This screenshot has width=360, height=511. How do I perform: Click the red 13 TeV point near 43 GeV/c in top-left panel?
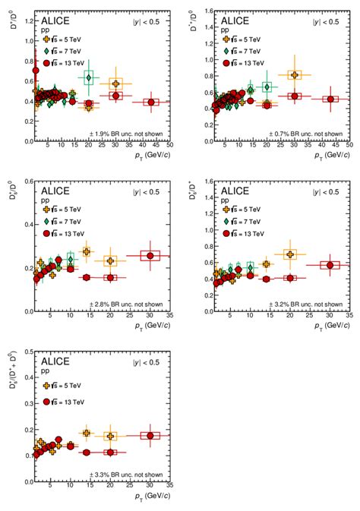(152, 102)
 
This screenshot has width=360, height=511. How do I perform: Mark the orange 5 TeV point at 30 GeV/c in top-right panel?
(294, 74)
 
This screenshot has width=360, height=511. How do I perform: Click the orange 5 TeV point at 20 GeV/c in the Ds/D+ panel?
(289, 254)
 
